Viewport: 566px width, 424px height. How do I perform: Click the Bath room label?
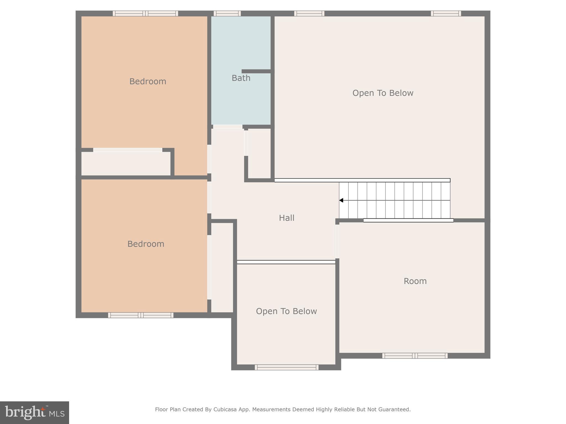click(x=241, y=78)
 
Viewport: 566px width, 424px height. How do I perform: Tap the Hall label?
click(x=287, y=218)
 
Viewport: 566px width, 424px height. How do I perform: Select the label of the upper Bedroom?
click(x=148, y=81)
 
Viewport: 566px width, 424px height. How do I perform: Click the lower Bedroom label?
click(x=146, y=244)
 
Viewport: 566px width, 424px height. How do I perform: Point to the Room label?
click(x=415, y=281)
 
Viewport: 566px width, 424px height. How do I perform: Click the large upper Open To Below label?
click(x=383, y=93)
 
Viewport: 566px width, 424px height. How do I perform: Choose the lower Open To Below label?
click(x=286, y=311)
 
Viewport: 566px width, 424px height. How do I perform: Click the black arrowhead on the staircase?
click(x=341, y=200)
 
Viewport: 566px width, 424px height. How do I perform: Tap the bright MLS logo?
click(x=35, y=413)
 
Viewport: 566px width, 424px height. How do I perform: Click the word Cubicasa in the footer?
click(x=225, y=410)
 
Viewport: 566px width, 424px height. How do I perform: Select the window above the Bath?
click(x=227, y=13)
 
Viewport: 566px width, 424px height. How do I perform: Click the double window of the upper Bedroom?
click(x=145, y=13)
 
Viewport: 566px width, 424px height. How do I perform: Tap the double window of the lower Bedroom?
click(x=141, y=315)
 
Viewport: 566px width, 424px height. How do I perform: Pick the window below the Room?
click(x=415, y=356)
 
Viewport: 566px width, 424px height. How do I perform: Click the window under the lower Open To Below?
click(x=287, y=367)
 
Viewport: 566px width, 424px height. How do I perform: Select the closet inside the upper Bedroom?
click(x=126, y=163)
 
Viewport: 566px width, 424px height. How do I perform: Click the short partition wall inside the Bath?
click(x=256, y=71)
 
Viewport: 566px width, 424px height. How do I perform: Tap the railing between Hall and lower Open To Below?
click(x=286, y=262)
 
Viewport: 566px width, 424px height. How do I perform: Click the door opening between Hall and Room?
click(x=337, y=242)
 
